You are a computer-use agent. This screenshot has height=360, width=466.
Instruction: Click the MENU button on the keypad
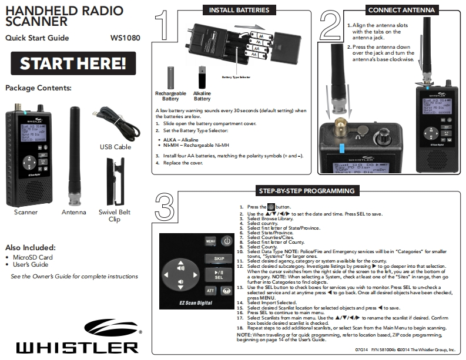[210, 241]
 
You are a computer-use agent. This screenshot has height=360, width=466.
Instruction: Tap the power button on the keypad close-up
[227, 241]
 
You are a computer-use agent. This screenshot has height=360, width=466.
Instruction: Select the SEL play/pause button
[215, 275]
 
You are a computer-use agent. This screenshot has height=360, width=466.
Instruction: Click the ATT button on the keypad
[210, 290]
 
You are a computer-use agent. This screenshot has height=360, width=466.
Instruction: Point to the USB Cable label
[115, 147]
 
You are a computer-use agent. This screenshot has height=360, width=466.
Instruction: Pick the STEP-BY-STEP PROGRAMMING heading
[306, 191]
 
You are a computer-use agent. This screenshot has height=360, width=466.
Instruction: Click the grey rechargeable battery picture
[172, 77]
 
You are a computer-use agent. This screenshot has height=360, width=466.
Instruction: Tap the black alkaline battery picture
[202, 77]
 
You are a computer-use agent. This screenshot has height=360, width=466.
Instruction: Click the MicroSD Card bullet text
[32, 257]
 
